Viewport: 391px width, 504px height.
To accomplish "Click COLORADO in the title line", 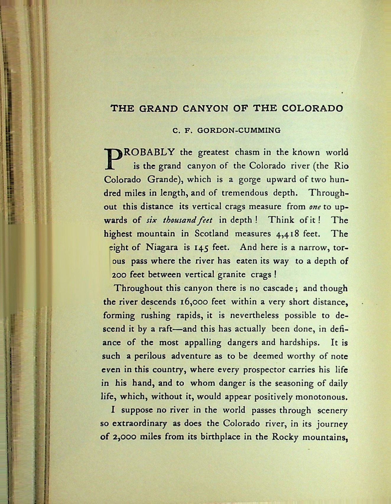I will pyautogui.click(x=312, y=108).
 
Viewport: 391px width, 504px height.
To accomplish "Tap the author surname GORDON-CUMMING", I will pyautogui.click(x=239, y=130).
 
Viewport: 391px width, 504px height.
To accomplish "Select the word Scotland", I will pyautogui.click(x=211, y=234).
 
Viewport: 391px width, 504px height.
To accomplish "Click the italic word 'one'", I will pyautogui.click(x=315, y=207).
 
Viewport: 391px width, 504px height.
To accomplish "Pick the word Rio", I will pyautogui.click(x=341, y=166).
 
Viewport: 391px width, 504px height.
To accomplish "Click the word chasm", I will pyautogui.click(x=247, y=152).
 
